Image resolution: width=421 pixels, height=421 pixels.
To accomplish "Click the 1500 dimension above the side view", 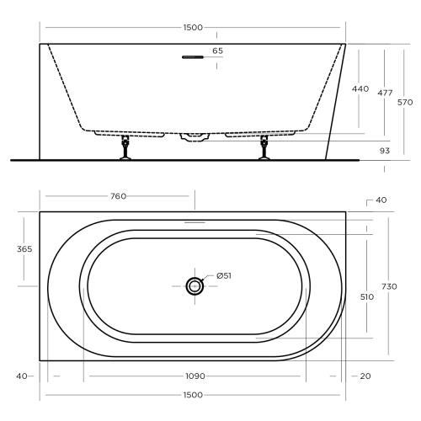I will point(193,28).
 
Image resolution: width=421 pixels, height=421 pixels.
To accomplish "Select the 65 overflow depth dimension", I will point(217,51).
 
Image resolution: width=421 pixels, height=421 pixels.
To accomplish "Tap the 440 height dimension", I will point(360,88).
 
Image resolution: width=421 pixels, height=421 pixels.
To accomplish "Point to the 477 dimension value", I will point(385,93).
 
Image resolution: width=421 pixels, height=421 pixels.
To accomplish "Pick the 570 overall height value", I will point(405,102).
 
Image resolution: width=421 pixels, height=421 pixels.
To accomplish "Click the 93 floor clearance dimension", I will point(385,151).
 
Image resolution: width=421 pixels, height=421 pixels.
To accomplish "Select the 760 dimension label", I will point(118,196).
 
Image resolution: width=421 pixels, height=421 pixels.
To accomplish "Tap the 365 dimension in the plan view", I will point(24,248).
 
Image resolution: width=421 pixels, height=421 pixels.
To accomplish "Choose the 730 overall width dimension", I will point(389,286).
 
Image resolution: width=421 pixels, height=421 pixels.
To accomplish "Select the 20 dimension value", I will point(364,376).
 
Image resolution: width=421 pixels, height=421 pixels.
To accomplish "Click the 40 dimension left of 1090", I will point(20,376).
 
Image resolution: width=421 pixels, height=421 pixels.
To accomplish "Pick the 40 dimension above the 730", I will point(381,200).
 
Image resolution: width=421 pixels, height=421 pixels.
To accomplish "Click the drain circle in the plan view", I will point(195,286).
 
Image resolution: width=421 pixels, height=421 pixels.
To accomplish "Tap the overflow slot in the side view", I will point(192,58).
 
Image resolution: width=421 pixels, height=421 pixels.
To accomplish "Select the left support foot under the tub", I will point(127,147).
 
